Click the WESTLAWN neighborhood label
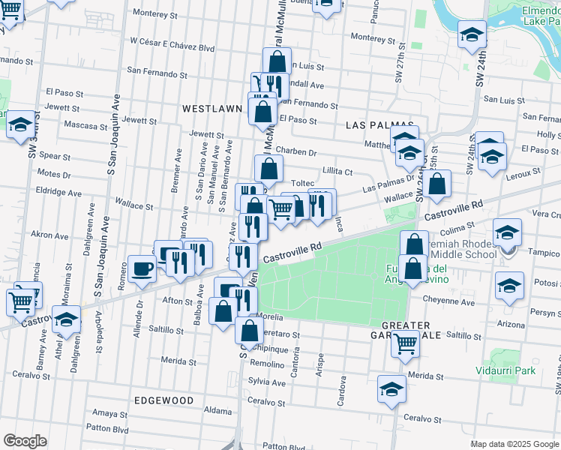(212, 109)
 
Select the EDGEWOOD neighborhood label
(163, 400)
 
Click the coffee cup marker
(142, 268)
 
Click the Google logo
(25, 441)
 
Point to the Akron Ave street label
(49, 235)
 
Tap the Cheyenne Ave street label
(448, 303)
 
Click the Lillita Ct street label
(337, 172)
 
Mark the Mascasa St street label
(84, 124)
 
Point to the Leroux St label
(523, 173)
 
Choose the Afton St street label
(178, 301)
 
